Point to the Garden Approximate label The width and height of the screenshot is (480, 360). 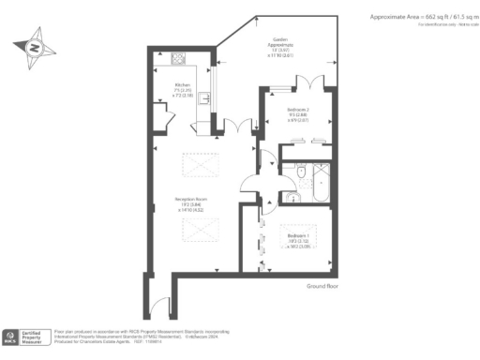(282, 49)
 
